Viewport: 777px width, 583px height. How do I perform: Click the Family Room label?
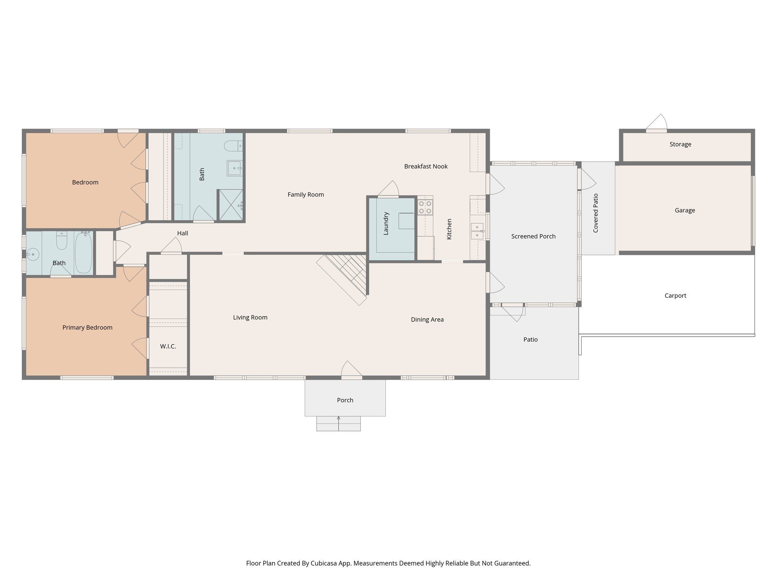pyautogui.click(x=305, y=195)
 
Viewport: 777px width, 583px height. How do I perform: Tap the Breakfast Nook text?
pyautogui.click(x=426, y=167)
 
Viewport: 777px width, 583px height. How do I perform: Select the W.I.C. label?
pyautogui.click(x=168, y=347)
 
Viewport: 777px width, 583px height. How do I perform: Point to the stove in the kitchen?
pyautogui.click(x=425, y=207)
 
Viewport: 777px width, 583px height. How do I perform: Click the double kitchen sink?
pyautogui.click(x=477, y=231)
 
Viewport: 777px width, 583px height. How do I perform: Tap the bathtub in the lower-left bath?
pyautogui.click(x=83, y=253)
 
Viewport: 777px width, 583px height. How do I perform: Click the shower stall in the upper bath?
pyautogui.click(x=231, y=205)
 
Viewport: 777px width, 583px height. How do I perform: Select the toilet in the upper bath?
pyautogui.click(x=233, y=146)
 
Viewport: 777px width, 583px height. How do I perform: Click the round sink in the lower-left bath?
pyautogui.click(x=33, y=254)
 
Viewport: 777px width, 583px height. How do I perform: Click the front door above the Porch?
pyautogui.click(x=352, y=370)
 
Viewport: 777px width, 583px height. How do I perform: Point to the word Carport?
pyautogui.click(x=675, y=296)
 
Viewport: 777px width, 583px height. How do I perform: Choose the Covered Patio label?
pyautogui.click(x=596, y=213)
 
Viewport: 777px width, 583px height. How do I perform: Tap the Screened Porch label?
pyautogui.click(x=533, y=236)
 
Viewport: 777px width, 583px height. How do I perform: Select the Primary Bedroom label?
pyautogui.click(x=87, y=328)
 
